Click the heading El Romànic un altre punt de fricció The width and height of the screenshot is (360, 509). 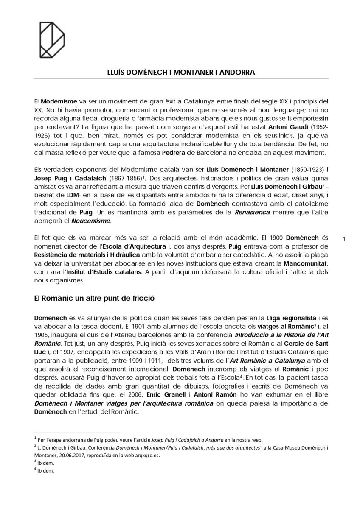pos(94,298)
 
